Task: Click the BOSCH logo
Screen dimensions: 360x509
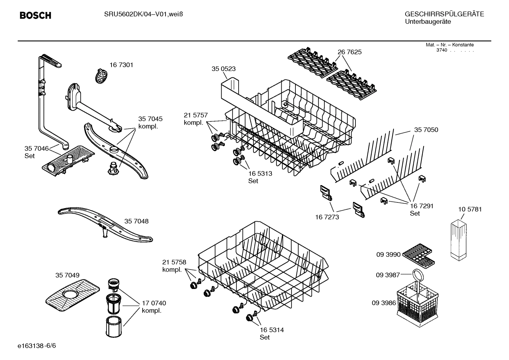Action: point(35,16)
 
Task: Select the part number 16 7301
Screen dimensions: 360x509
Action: point(121,65)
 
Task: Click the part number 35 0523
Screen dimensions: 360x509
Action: point(223,69)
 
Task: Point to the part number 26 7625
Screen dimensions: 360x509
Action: point(349,52)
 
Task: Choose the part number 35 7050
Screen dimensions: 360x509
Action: point(426,130)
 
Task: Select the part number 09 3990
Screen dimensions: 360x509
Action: point(388,254)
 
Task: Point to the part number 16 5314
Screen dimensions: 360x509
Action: point(272,330)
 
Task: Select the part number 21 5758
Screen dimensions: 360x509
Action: point(174,262)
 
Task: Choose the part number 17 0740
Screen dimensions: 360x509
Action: point(154,303)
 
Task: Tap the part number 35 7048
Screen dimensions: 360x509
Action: point(136,222)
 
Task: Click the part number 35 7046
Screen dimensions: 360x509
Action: point(36,148)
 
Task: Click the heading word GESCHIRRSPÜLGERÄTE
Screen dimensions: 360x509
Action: point(444,14)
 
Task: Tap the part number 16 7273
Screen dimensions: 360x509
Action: point(327,217)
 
